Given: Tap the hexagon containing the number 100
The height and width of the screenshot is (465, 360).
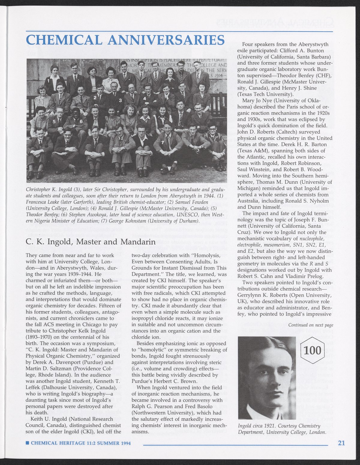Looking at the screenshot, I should (312, 350).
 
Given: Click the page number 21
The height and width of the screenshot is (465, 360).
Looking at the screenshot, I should (341, 443).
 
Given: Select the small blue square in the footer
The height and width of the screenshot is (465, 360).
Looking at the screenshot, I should (27, 443).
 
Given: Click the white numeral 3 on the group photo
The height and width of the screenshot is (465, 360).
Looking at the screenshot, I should (120, 101).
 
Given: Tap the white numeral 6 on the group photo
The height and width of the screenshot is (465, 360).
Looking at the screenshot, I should (81, 121).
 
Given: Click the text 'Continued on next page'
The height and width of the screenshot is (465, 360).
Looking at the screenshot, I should (310, 325).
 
